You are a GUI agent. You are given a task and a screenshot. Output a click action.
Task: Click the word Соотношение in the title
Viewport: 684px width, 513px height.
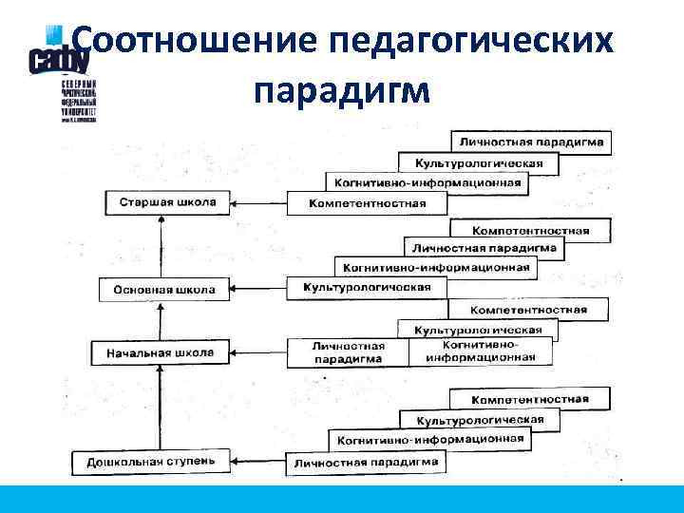190,42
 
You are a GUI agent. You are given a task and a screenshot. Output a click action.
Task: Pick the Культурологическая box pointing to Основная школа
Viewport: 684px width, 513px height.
366,287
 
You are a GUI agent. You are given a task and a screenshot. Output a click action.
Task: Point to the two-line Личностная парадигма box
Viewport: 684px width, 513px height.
348,352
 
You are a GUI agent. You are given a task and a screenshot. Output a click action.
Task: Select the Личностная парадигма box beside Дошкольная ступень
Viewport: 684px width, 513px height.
366,464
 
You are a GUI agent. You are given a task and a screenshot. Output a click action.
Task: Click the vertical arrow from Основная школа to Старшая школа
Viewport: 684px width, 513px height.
162,247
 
